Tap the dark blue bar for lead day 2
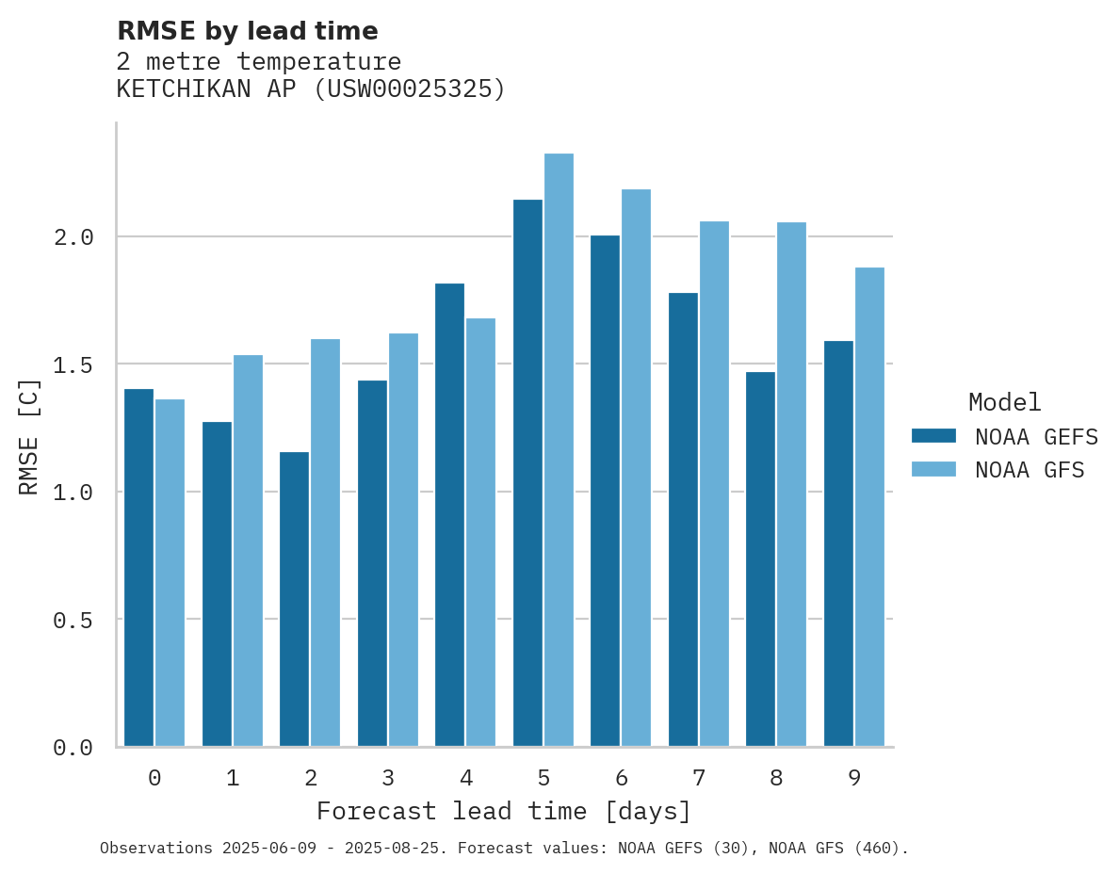point(294,599)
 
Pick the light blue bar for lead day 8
point(791,484)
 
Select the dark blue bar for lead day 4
point(449,514)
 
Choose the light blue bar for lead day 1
point(248,550)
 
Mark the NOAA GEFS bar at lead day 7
point(683,519)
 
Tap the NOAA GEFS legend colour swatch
point(933,436)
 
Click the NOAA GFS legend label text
point(1030,470)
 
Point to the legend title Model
point(1004,402)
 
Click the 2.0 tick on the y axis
point(73,237)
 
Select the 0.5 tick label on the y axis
point(73,620)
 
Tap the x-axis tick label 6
point(622,778)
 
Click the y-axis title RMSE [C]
point(29,436)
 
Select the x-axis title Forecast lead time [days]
point(504,811)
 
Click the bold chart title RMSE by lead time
point(247,31)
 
